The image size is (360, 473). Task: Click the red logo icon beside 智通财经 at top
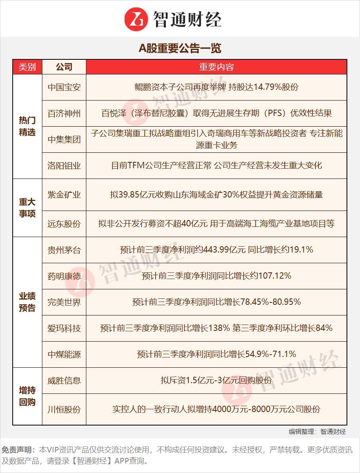tap(136, 19)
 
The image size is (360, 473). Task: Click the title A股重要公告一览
tap(180, 48)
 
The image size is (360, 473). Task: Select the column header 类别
tap(27, 67)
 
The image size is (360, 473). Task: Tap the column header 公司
tap(64, 67)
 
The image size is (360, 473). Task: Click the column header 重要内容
tap(216, 67)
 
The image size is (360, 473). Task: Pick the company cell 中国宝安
tap(64, 87)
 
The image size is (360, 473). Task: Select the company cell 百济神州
tap(64, 114)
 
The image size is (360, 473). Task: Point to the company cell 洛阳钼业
tap(64, 165)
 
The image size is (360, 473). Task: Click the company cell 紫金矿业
tap(64, 195)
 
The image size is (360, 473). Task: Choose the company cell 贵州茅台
tap(64, 250)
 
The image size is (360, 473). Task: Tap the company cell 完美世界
tap(64, 302)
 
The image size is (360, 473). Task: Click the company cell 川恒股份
tap(64, 409)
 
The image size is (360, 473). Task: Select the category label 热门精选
tap(27, 126)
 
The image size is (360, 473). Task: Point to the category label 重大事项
tap(27, 208)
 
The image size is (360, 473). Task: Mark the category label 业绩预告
tap(27, 302)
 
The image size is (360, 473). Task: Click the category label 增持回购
tap(27, 396)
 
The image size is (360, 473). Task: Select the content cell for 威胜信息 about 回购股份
tap(216, 380)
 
